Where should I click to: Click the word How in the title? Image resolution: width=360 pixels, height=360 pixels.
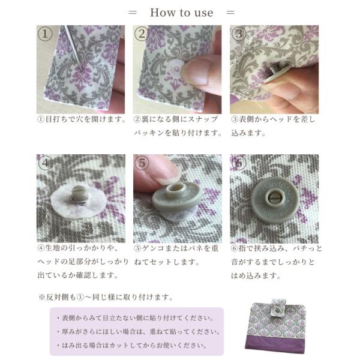(x=162, y=13)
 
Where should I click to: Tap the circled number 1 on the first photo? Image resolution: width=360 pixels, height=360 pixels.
(x=45, y=34)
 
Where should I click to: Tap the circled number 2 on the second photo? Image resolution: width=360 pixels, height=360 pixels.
(x=142, y=34)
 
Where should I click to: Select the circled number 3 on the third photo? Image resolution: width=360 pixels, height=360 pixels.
(x=239, y=34)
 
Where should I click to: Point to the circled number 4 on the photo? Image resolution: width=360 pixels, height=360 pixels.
(x=46, y=163)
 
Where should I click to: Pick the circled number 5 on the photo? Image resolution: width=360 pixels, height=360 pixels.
(x=142, y=163)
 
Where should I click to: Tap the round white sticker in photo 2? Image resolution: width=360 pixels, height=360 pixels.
(x=176, y=68)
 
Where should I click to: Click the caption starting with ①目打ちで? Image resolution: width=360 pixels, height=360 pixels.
(x=82, y=119)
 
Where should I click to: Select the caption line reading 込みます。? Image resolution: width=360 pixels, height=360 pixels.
(x=248, y=133)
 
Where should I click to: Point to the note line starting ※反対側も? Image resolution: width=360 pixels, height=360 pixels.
(x=106, y=298)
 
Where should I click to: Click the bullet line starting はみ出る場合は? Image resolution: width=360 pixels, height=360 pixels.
(x=132, y=346)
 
